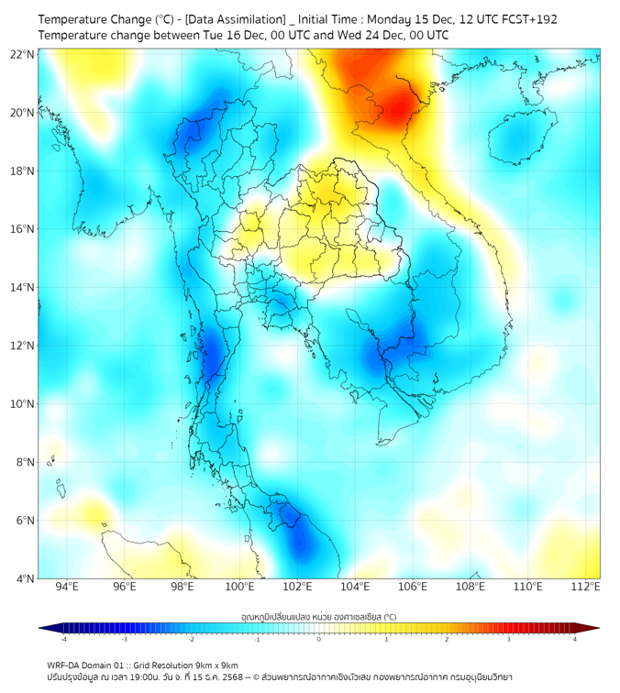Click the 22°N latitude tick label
point(22,54)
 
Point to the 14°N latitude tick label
point(22,288)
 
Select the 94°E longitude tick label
point(67,587)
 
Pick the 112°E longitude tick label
point(585,587)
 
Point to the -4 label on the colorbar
point(62,639)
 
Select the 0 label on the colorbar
point(319,639)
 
